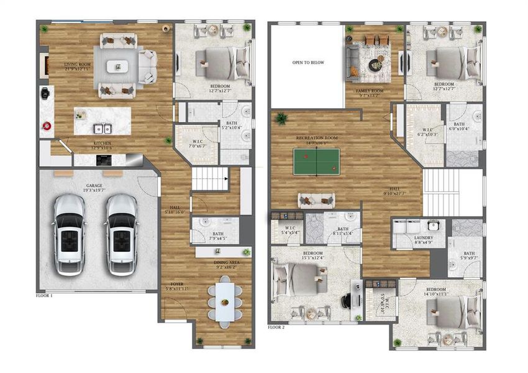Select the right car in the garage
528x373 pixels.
pos(122,235)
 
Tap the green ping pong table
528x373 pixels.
pos(317,161)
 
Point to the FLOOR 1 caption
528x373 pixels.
pos(44,296)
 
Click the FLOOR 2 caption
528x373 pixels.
pos(276,326)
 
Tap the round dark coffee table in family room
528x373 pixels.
pos(377,64)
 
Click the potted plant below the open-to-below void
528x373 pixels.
pos(282,117)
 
